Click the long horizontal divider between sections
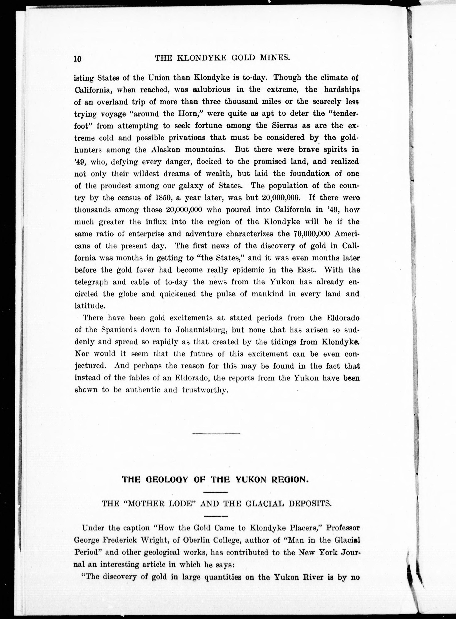(216, 433)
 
